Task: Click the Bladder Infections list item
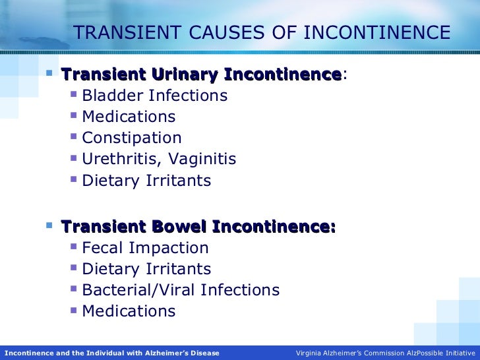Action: [155, 96]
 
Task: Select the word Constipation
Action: [132, 138]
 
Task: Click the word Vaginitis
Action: [202, 159]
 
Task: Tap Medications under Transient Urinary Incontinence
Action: [129, 117]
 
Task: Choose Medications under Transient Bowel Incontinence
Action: [129, 311]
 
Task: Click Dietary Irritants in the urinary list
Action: [146, 181]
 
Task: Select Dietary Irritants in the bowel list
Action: [146, 269]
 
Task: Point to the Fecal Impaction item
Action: [145, 248]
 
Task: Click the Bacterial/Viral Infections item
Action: [181, 290]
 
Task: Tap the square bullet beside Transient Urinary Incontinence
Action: [49, 73]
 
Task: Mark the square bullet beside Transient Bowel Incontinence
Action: [49, 225]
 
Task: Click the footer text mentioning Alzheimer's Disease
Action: [112, 353]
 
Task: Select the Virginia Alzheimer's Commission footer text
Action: [386, 353]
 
